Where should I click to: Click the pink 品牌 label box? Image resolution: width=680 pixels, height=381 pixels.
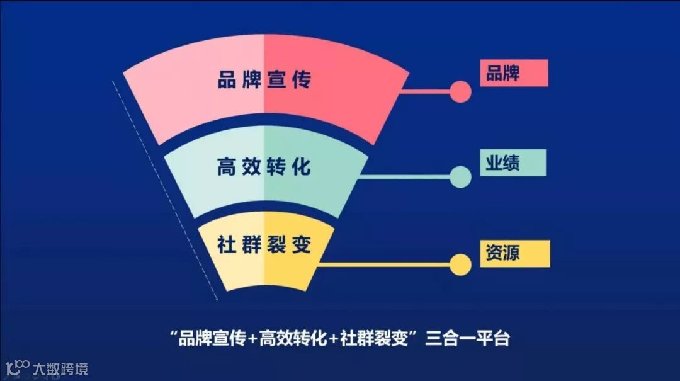[513, 73]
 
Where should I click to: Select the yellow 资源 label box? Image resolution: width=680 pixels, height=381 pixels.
[514, 253]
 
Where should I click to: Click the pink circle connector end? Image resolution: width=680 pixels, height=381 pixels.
[461, 92]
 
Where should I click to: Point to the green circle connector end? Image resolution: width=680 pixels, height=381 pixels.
[461, 177]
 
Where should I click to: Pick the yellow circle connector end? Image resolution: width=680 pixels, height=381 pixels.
[461, 265]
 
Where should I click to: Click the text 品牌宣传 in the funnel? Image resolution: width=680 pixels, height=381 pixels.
[264, 81]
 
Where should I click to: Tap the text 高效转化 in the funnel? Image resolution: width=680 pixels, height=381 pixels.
[264, 168]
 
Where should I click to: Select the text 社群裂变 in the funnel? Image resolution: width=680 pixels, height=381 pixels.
[264, 244]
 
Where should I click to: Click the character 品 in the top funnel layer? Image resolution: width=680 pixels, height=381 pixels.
[227, 81]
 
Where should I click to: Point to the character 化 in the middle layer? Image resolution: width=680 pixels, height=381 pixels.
[302, 168]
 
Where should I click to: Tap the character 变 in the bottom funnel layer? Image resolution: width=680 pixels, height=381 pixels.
[302, 244]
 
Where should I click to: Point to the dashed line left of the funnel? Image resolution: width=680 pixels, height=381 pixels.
[165, 189]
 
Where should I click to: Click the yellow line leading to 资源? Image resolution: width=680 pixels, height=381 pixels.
[384, 265]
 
